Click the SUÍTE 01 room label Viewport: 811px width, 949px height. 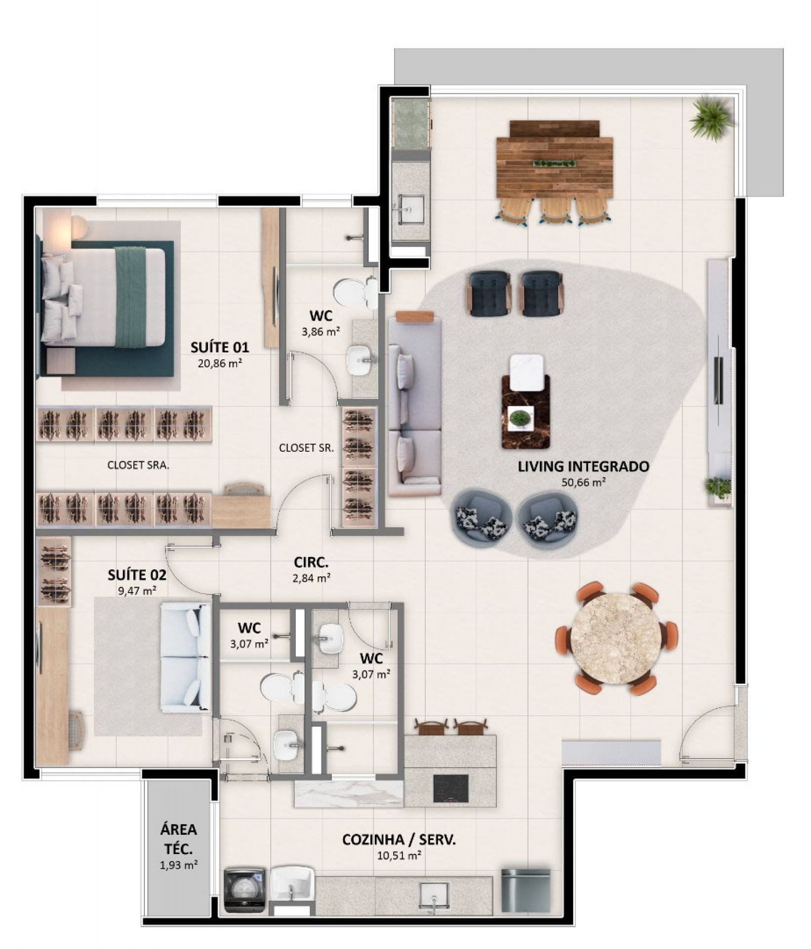click(220, 347)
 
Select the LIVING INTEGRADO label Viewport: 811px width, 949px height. click(583, 466)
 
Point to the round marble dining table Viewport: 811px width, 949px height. click(615, 639)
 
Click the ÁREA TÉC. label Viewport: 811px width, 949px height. click(178, 839)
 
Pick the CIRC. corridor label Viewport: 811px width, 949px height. click(311, 562)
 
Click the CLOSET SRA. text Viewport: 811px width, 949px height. click(138, 465)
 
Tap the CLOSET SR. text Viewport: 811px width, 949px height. click(306, 448)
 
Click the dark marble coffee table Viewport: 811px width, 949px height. click(526, 412)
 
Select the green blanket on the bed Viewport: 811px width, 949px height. click(130, 297)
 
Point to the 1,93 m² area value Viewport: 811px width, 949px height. click(178, 864)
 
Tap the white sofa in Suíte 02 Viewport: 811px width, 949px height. click(186, 657)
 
